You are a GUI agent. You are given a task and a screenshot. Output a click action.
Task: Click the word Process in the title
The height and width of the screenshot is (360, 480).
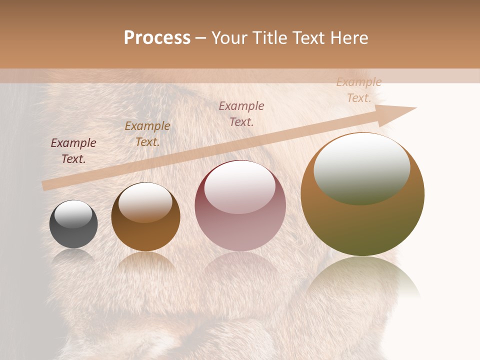157,38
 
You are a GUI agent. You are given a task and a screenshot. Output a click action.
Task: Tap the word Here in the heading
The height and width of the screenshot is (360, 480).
349,38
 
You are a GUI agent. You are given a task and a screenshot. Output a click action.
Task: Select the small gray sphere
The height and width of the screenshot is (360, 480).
73,224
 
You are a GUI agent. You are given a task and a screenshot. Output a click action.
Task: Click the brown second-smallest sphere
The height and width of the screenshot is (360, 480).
145,216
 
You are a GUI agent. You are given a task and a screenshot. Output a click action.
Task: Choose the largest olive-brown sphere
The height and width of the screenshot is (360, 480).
362,194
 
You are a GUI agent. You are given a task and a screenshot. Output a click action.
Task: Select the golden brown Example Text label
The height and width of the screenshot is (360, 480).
147,134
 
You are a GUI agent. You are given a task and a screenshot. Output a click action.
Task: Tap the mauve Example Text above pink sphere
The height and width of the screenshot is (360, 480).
241,114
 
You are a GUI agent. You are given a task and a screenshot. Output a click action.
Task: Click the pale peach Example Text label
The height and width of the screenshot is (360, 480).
359,90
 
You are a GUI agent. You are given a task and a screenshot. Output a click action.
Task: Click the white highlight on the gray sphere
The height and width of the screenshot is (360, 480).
73,214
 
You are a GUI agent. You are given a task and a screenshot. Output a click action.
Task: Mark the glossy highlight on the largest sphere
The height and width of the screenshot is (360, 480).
361,168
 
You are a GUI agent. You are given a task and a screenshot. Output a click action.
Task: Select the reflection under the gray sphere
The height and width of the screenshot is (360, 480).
73,256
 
